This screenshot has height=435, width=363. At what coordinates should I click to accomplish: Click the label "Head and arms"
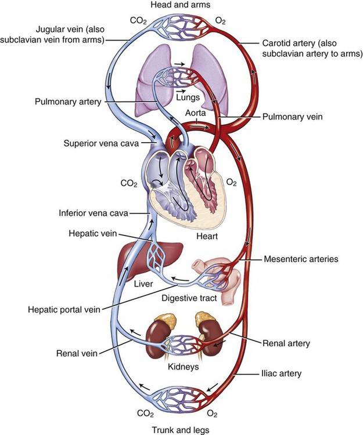[x=181, y=5]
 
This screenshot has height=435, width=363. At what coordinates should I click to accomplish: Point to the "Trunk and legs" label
[x=181, y=429]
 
